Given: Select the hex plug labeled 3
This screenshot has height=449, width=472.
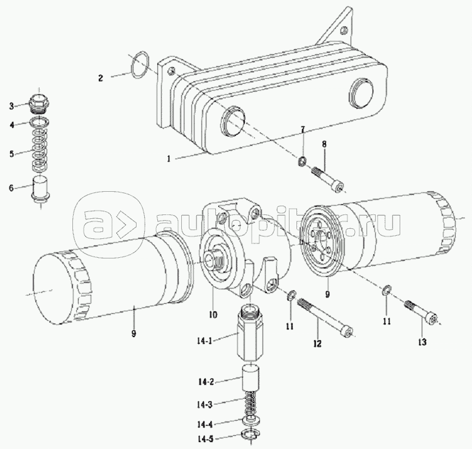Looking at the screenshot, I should (x=41, y=101).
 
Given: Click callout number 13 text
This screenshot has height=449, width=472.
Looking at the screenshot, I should (x=421, y=342).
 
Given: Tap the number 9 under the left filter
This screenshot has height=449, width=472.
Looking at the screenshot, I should (x=133, y=333).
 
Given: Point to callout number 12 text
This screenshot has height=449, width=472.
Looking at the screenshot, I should (x=317, y=343).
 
